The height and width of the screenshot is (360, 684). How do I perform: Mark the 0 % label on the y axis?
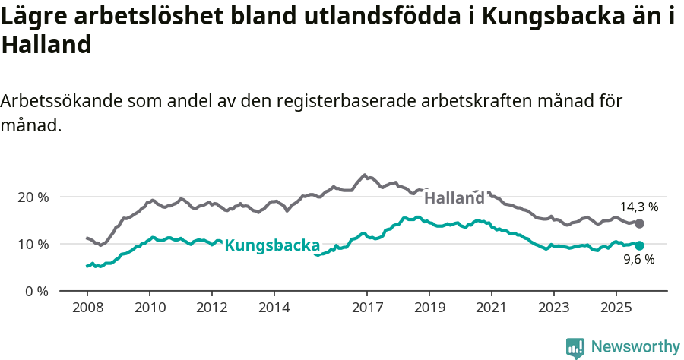(37, 291)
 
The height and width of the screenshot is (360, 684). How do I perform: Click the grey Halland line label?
(454, 198)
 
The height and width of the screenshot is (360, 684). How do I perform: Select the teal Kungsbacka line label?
(272, 245)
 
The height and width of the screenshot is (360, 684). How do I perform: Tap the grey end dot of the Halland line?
(639, 223)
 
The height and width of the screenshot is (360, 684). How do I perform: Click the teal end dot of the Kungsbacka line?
(639, 245)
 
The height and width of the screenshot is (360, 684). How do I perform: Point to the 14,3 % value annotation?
(638, 207)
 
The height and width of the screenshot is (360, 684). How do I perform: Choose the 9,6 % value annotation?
(638, 260)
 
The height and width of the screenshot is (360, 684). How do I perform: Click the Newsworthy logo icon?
(575, 348)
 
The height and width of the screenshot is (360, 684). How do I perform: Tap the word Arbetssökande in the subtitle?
(61, 101)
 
